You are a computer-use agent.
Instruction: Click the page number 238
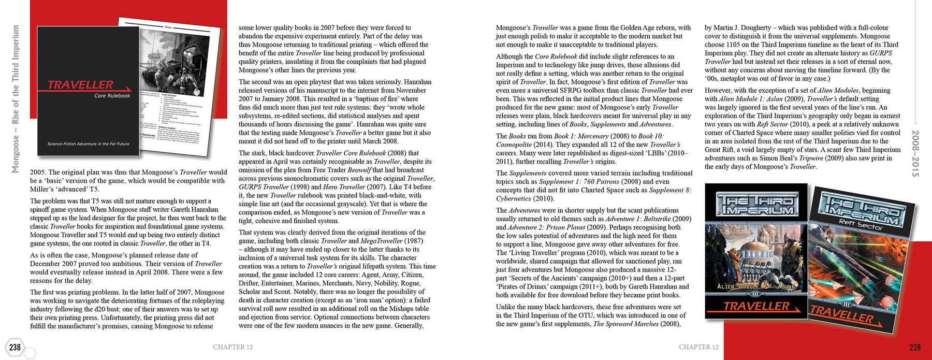tap(15, 347)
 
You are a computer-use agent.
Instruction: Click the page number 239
tap(915, 347)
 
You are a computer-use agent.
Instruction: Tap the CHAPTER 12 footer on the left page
tap(233, 347)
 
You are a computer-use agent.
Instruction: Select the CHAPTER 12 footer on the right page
tap(698, 347)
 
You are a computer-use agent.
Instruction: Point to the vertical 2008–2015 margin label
tap(915, 153)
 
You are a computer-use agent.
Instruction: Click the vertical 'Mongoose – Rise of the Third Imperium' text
tap(16, 98)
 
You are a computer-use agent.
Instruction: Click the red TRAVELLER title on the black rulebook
tap(81, 85)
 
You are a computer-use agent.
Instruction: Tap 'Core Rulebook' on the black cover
tap(112, 96)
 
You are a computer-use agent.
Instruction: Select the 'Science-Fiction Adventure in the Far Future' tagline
tap(89, 144)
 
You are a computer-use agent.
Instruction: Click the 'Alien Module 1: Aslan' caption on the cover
tap(756, 286)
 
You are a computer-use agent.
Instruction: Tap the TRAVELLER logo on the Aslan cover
tap(756, 306)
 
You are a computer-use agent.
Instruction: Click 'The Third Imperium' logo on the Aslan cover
tap(756, 205)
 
